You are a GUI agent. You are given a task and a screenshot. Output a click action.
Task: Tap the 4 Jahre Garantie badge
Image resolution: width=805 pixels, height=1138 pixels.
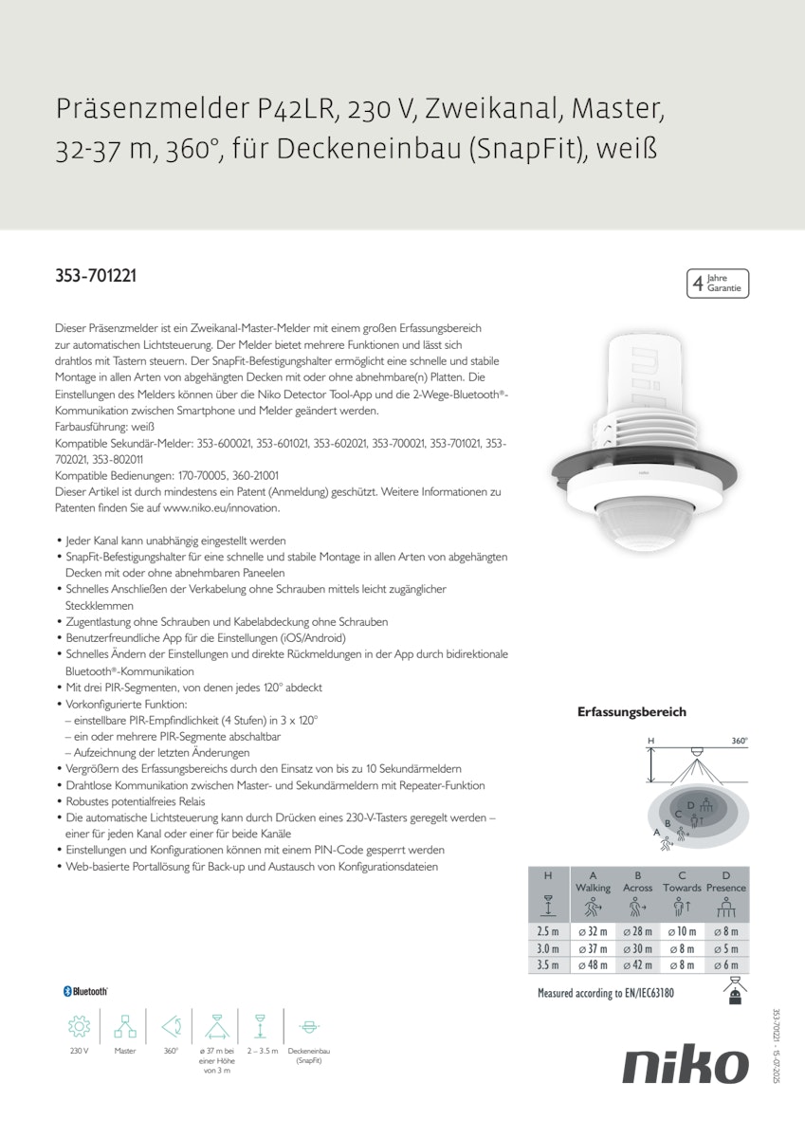[x=717, y=284]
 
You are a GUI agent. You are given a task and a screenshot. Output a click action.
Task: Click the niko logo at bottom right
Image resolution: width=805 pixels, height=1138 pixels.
[x=685, y=1066]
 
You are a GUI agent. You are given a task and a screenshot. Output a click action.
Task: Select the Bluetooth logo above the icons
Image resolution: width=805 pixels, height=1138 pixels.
[x=85, y=991]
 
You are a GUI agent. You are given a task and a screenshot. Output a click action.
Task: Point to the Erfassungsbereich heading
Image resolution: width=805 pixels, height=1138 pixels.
[x=631, y=711]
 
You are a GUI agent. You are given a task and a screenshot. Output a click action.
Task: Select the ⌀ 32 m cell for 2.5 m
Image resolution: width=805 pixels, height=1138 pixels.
[x=593, y=931]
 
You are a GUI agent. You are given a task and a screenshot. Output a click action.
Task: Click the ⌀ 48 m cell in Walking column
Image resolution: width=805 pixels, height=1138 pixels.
[x=593, y=964]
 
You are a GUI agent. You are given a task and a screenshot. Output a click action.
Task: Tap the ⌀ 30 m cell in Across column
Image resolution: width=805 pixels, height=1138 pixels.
[x=637, y=948]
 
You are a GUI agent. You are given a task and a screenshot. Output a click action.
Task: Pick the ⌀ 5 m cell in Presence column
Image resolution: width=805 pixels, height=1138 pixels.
[x=725, y=948]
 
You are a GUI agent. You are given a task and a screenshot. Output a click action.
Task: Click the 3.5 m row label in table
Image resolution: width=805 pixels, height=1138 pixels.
[x=548, y=964]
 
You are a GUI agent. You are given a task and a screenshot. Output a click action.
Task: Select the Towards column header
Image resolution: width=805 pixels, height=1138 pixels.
[x=682, y=888]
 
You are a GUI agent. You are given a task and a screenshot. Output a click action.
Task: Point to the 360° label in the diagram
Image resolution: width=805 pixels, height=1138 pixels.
[x=739, y=741]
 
